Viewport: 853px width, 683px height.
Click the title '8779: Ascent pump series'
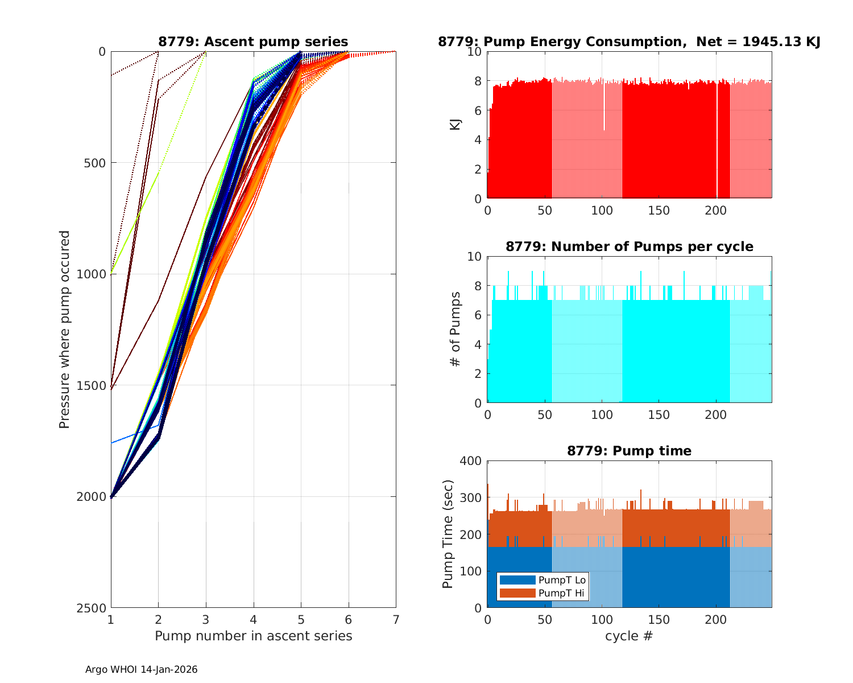pyautogui.click(x=253, y=42)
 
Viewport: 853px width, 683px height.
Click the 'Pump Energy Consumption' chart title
pyautogui.click(x=629, y=42)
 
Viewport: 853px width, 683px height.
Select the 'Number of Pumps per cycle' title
pyautogui.click(x=629, y=246)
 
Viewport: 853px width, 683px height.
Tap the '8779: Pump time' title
pyautogui.click(x=629, y=451)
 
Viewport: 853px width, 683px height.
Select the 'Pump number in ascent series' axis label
pyautogui.click(x=253, y=636)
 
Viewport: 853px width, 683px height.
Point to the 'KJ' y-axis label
pyautogui.click(x=456, y=125)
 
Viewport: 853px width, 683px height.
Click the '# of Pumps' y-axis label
pyautogui.click(x=456, y=329)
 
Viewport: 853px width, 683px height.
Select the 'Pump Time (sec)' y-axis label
pyautogui.click(x=448, y=534)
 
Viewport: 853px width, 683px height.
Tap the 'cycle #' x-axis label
pyautogui.click(x=629, y=636)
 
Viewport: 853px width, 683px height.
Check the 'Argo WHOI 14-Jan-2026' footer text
pyautogui.click(x=141, y=669)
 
